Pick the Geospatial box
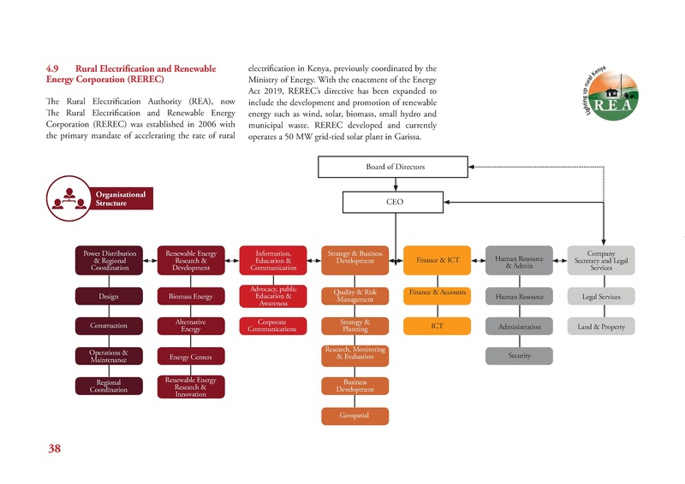(354, 416)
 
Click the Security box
(519, 356)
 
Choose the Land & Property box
(602, 327)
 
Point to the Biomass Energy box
(190, 297)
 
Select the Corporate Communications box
(272, 326)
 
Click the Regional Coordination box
(108, 386)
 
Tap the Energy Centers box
(190, 356)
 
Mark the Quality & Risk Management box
(354, 297)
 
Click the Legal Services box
(602, 297)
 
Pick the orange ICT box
(437, 326)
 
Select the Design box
(108, 297)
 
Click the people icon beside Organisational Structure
(66, 198)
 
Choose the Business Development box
(354, 386)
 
